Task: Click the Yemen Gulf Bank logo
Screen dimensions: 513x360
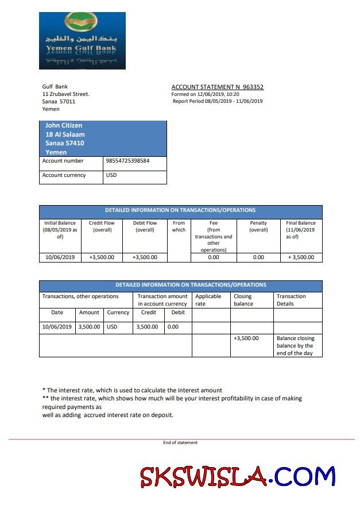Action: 82,40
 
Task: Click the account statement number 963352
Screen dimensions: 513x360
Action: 251,87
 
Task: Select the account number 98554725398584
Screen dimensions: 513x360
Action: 127,161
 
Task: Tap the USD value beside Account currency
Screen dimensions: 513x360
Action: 111,175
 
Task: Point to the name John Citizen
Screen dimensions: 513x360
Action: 64,125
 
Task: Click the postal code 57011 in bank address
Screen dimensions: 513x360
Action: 67,102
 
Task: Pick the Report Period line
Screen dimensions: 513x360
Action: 218,101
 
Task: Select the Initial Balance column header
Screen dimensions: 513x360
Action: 60,230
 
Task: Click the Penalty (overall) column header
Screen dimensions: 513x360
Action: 258,226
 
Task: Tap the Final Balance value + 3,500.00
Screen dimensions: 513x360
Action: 301,257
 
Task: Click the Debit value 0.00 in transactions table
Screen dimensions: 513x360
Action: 172,327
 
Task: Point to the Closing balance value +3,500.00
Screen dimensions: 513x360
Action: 246,338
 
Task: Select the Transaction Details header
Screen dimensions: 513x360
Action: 291,300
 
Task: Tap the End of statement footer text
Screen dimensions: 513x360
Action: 180,442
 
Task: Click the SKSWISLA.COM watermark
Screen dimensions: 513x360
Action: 237,476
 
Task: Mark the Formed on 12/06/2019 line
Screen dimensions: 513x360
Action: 205,94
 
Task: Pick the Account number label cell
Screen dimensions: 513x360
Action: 63,161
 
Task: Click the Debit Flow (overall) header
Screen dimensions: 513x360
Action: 145,226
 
